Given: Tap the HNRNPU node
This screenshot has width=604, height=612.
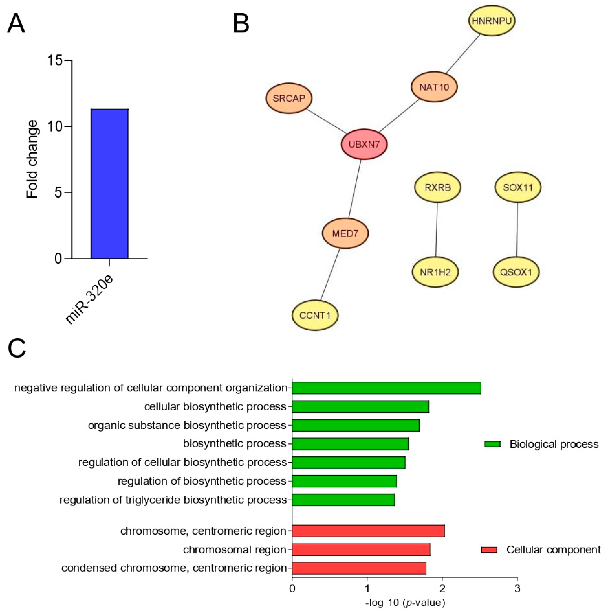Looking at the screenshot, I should click(x=491, y=21).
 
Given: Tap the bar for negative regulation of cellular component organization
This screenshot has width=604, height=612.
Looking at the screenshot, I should click(x=386, y=388).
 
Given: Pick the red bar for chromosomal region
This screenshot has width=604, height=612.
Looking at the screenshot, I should click(x=361, y=550).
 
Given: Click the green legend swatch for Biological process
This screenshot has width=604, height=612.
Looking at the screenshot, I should click(x=492, y=444).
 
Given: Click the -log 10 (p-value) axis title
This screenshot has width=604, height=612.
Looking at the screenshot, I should click(x=405, y=602).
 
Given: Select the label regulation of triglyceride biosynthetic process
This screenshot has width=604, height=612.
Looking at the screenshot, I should click(x=173, y=500).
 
